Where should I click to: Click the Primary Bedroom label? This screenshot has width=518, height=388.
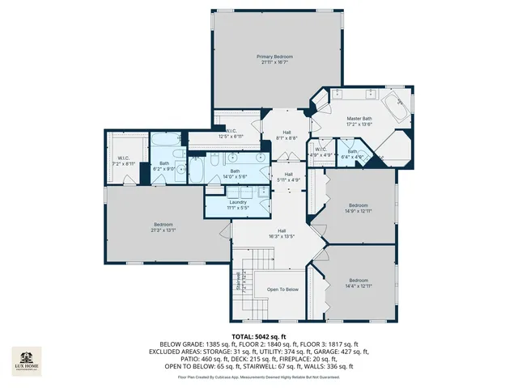[x=275, y=57]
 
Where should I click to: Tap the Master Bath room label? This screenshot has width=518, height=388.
[x=359, y=119]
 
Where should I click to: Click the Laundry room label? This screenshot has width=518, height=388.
[x=237, y=202]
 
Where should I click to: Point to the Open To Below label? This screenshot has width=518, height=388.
[x=282, y=289]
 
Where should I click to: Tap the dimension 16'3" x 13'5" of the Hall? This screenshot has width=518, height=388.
[x=281, y=237]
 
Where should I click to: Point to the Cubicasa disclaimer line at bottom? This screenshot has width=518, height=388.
[x=258, y=377]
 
